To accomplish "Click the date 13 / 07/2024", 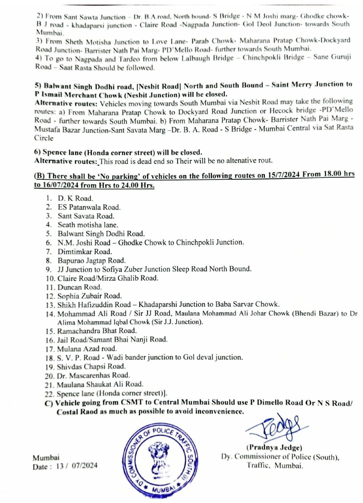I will (x=76, y=466).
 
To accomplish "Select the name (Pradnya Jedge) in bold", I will (x=274, y=448).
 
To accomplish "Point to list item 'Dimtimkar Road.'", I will (x=85, y=252).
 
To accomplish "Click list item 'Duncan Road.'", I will (x=79, y=287).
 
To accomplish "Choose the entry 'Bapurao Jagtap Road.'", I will (x=91, y=261).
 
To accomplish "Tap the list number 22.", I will (x=49, y=394).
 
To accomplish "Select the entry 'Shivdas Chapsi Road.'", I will (x=91, y=366).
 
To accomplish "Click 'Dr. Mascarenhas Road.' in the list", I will (x=93, y=375).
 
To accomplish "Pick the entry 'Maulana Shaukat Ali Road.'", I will (x=100, y=384).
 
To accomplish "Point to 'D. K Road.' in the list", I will (x=75, y=198).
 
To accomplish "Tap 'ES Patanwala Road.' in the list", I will (x=89, y=207).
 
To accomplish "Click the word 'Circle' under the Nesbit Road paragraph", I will (x=44, y=138).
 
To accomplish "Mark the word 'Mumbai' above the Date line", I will (x=46, y=457).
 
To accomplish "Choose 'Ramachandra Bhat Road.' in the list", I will (x=97, y=331).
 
